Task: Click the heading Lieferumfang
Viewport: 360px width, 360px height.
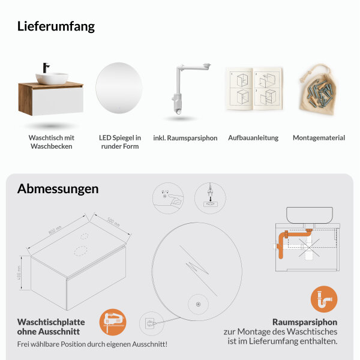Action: [x=56, y=26]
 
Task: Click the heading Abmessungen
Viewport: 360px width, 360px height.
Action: [x=58, y=188]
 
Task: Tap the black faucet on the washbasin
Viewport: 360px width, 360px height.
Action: [x=46, y=67]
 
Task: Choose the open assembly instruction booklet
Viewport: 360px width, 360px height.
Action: [x=253, y=89]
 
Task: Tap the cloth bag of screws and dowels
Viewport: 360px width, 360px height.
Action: [x=319, y=90]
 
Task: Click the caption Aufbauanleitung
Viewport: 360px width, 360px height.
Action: [x=253, y=138]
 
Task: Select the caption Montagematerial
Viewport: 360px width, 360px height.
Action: [x=319, y=138]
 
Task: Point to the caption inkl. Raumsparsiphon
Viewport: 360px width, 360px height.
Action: [x=185, y=138]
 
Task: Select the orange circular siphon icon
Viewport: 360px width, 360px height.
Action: [x=323, y=299]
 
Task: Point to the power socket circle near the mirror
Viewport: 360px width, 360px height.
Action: [x=149, y=324]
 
